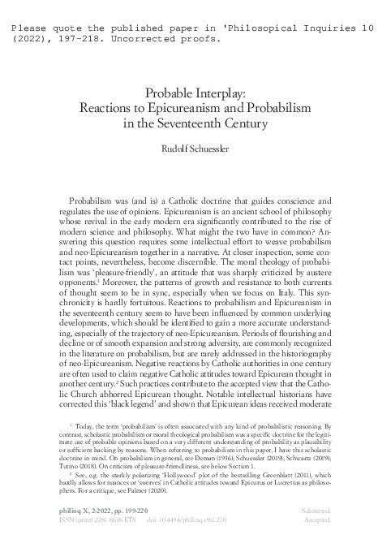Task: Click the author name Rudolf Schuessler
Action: (x=195, y=149)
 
